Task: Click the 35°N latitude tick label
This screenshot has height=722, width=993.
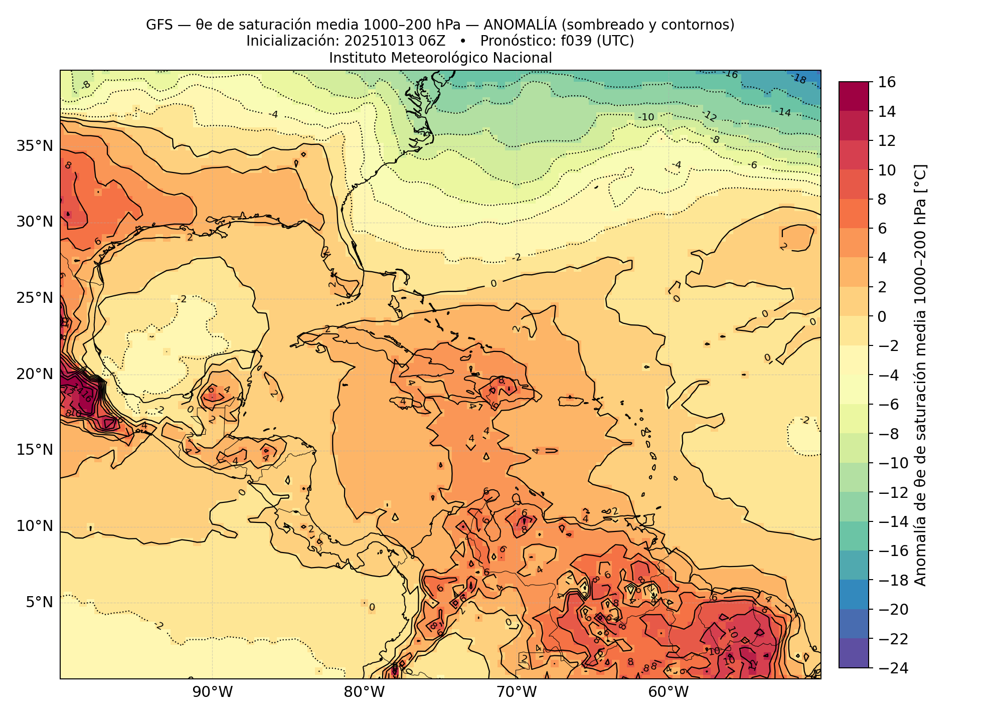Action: [x=35, y=146]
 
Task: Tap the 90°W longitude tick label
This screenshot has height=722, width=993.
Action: [x=213, y=693]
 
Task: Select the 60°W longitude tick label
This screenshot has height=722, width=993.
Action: [x=669, y=693]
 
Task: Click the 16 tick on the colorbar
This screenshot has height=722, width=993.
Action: [x=887, y=82]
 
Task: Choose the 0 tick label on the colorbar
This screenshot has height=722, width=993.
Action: [x=882, y=316]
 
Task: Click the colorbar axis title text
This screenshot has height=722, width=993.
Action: [x=921, y=375]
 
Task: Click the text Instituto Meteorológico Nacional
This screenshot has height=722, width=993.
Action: [x=440, y=58]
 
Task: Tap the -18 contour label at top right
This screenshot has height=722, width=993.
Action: [x=798, y=79]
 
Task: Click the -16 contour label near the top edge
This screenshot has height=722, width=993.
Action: [x=730, y=74]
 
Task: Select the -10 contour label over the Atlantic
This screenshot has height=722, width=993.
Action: [x=646, y=117]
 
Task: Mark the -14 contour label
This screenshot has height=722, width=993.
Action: [x=783, y=112]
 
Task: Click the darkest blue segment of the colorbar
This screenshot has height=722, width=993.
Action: [x=854, y=653]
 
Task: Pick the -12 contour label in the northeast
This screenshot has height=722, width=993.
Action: [x=709, y=116]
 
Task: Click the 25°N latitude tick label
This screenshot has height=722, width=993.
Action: [x=35, y=298]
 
